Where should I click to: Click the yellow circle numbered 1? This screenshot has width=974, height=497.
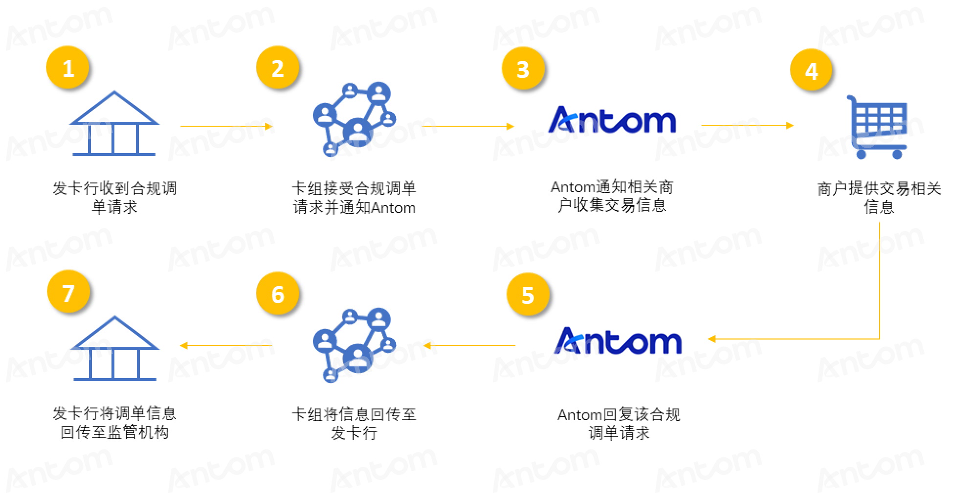pos(67,68)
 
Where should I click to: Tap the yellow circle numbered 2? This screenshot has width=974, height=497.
pos(278,68)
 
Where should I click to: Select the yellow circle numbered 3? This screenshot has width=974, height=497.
pos(523,68)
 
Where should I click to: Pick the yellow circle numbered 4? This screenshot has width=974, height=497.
pos(812,70)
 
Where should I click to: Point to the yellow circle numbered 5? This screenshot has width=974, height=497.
pos(528,294)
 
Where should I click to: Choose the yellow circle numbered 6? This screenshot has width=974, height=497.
pos(278,294)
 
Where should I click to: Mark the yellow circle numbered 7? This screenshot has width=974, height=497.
pos(68,292)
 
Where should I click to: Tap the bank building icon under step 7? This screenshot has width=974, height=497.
pos(115,348)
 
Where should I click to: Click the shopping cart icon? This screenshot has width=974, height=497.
pos(877,127)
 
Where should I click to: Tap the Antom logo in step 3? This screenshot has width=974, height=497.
pos(612,120)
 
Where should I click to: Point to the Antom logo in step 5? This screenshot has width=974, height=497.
pos(618,340)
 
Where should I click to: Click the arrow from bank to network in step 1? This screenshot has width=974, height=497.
pos(226,126)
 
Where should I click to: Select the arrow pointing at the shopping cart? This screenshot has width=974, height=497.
pos(748,125)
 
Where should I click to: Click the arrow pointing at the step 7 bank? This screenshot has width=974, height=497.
pos(226,345)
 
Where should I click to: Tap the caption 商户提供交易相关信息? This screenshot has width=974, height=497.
pos(879,198)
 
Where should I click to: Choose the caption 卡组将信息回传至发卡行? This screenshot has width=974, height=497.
pos(354,424)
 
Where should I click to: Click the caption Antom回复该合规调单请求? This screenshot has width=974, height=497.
pos(619,424)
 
